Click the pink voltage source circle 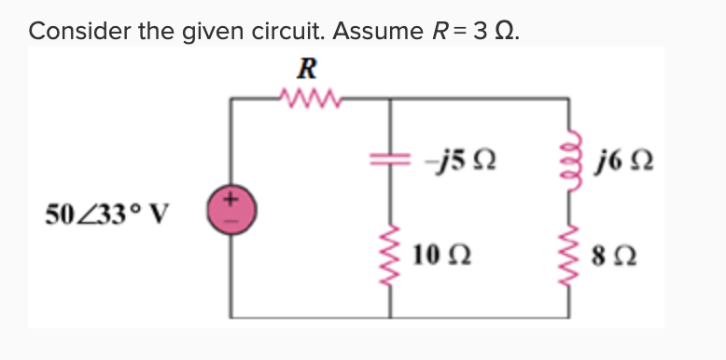pyautogui.click(x=230, y=207)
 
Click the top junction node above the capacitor pyautogui.click(x=389, y=96)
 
